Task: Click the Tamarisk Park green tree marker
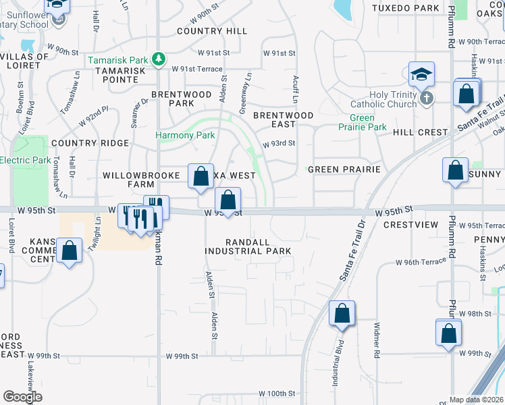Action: tap(159, 59)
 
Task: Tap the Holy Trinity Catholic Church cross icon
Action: tap(425, 99)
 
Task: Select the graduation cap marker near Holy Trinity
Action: tap(421, 74)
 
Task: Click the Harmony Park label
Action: tap(186, 135)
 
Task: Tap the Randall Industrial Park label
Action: tap(248, 246)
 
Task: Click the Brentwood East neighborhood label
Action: tap(284, 119)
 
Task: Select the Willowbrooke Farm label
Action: tap(138, 180)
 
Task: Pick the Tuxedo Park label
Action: tap(405, 8)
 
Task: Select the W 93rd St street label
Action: tap(280, 144)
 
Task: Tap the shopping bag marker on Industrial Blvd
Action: tap(342, 314)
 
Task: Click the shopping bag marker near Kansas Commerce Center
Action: tap(70, 251)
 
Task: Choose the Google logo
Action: tap(22, 397)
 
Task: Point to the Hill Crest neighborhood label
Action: tap(420, 132)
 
